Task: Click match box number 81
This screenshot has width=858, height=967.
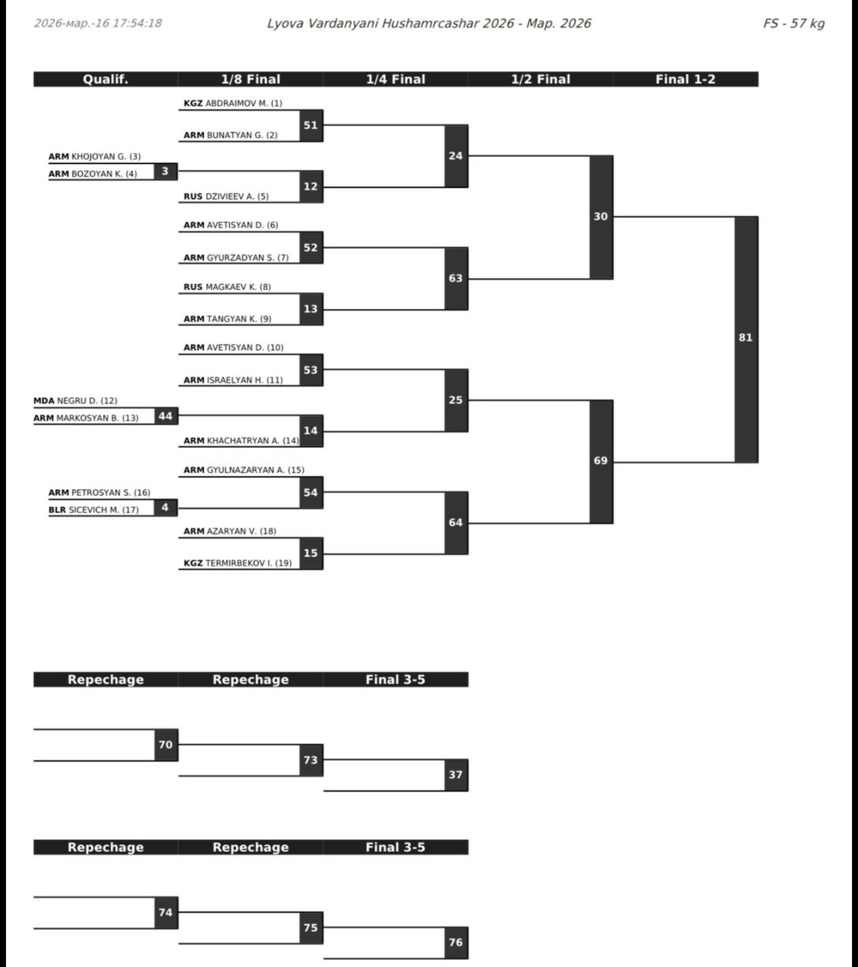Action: (745, 338)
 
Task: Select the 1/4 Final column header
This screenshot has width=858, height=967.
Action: (395, 79)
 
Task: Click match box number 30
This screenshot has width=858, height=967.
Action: (600, 217)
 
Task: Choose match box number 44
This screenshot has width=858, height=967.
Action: (165, 416)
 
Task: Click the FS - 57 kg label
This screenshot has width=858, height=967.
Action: (793, 23)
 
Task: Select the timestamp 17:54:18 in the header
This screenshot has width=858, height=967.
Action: (137, 23)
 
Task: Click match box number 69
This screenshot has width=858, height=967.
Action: (600, 461)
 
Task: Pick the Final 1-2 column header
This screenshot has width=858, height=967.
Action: (685, 79)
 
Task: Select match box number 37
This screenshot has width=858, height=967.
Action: (455, 775)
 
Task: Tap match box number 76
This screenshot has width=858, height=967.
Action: (455, 943)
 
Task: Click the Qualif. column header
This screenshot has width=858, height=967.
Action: (105, 79)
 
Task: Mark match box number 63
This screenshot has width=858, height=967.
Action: (455, 279)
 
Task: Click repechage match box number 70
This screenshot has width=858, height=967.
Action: (165, 745)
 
